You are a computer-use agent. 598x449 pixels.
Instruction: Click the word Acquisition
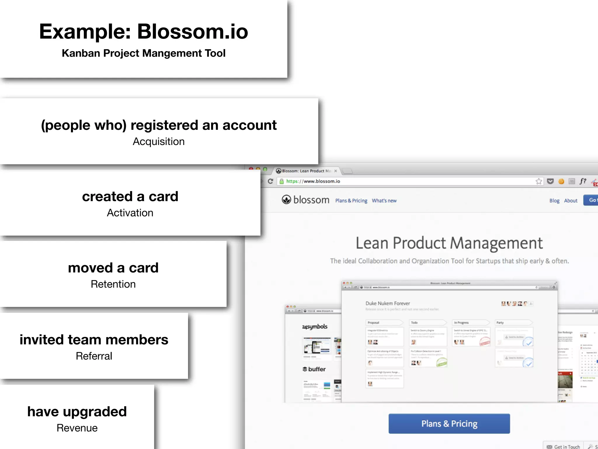pyautogui.click(x=159, y=142)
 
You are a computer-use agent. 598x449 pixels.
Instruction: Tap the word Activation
pyautogui.click(x=130, y=213)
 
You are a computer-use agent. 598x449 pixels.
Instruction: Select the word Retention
pyautogui.click(x=113, y=284)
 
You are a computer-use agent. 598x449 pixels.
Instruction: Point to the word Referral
pyautogui.click(x=94, y=356)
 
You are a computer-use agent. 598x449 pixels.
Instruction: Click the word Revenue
pyautogui.click(x=77, y=428)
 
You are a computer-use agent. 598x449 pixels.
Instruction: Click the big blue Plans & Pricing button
pyautogui.click(x=449, y=424)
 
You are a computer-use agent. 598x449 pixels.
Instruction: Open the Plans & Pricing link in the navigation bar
pyautogui.click(x=351, y=201)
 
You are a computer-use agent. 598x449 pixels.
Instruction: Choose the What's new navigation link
pyautogui.click(x=384, y=201)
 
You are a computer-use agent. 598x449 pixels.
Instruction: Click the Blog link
pyautogui.click(x=554, y=201)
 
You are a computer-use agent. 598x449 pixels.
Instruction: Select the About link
pyautogui.click(x=571, y=201)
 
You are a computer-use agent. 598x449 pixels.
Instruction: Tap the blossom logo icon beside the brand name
pyautogui.click(x=286, y=200)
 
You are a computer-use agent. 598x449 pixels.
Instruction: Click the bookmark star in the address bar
pyautogui.click(x=539, y=182)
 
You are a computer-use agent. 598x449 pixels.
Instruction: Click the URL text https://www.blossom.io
pyautogui.click(x=313, y=182)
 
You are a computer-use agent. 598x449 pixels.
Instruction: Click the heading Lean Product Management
pyautogui.click(x=449, y=243)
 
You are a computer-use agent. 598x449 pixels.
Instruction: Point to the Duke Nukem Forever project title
pyautogui.click(x=387, y=303)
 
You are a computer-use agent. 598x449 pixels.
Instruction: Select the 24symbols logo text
pyautogui.click(x=314, y=327)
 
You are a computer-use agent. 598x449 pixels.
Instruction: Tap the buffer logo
pyautogui.click(x=314, y=369)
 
